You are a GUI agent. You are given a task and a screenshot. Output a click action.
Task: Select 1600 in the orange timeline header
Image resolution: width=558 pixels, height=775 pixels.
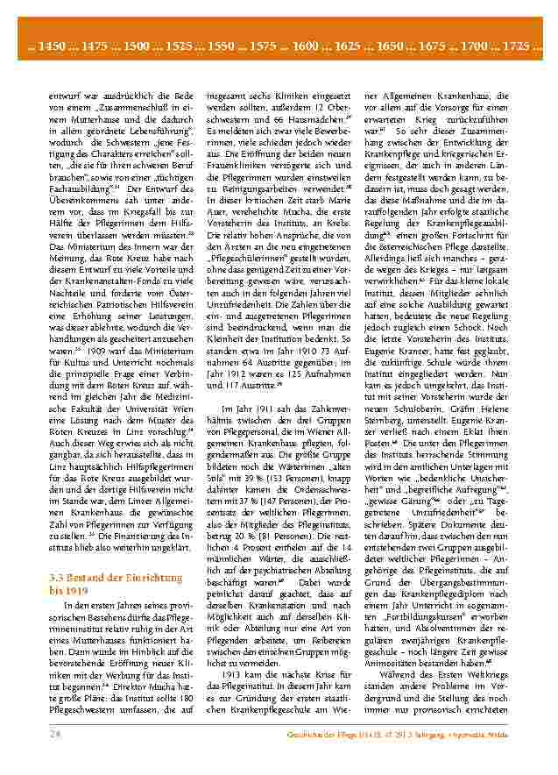(307, 44)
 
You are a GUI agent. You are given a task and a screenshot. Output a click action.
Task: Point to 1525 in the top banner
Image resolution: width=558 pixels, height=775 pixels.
(180, 44)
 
